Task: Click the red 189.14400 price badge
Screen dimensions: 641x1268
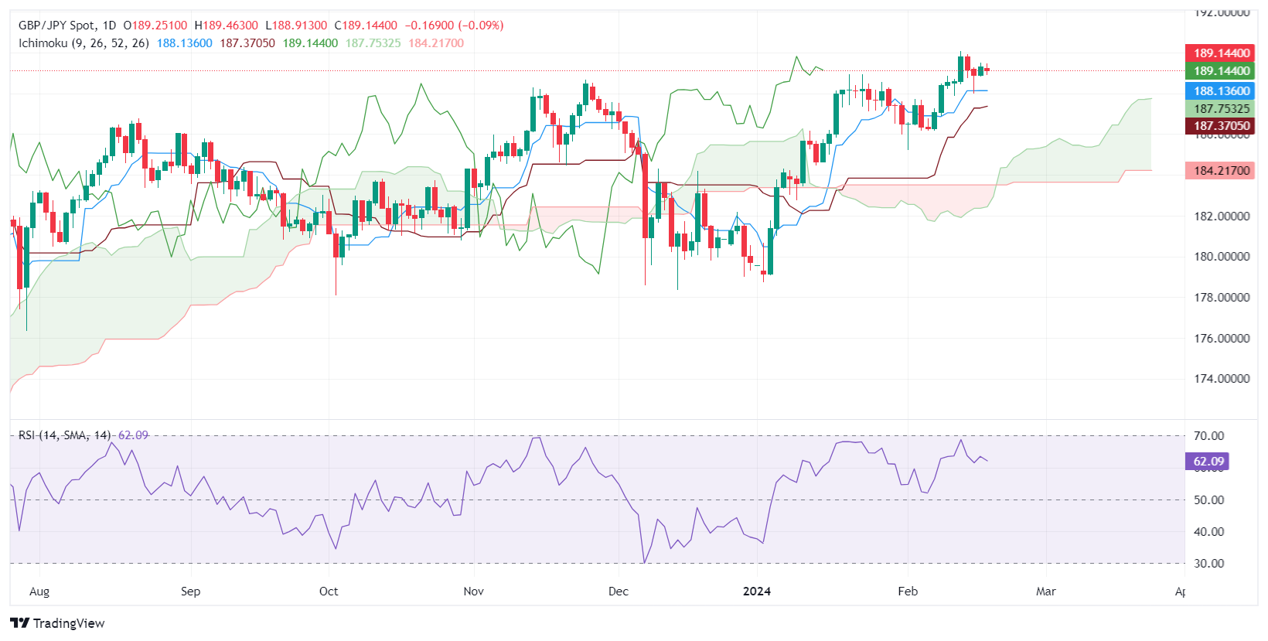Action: click(x=1221, y=53)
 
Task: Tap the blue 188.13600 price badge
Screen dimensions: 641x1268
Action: click(x=1221, y=90)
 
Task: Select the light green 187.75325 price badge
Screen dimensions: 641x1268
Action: click(x=1221, y=109)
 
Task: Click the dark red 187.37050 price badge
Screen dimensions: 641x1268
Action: click(x=1221, y=126)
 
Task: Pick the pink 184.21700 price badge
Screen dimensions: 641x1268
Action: click(x=1221, y=170)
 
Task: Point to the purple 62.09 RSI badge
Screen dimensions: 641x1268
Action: click(x=1208, y=462)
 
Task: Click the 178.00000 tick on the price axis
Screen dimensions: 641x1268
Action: click(x=1222, y=298)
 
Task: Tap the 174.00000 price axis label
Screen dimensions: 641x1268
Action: click(x=1222, y=379)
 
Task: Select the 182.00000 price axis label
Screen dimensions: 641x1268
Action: click(x=1222, y=217)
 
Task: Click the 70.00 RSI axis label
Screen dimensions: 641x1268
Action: click(x=1208, y=436)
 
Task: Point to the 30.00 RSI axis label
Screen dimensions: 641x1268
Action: click(x=1208, y=564)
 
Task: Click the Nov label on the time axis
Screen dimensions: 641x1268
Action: click(x=473, y=592)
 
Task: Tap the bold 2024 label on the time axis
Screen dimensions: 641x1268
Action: click(x=756, y=592)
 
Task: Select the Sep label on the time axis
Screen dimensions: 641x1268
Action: click(x=190, y=592)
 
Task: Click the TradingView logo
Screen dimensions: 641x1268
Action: click(x=57, y=623)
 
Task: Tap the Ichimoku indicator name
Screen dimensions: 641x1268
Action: click(x=43, y=43)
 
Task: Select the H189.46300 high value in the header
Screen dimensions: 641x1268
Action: click(x=227, y=26)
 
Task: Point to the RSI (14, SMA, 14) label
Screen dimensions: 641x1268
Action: click(x=64, y=435)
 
